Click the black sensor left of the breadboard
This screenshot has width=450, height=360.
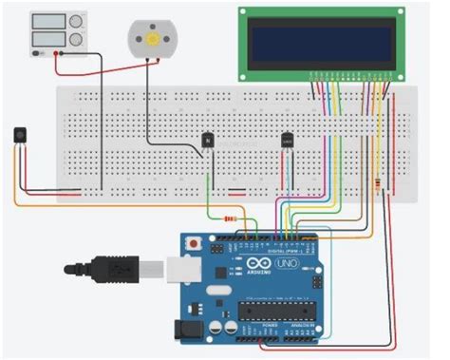[20, 135]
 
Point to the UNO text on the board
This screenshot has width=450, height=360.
[286, 263]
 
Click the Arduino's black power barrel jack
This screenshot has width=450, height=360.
[187, 328]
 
